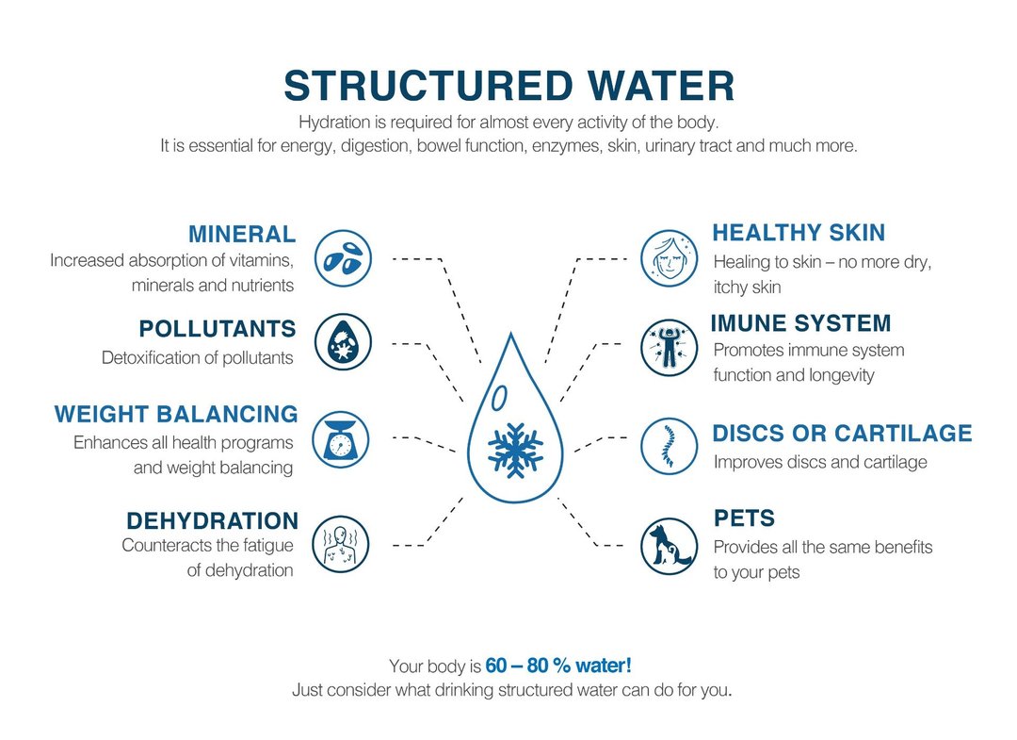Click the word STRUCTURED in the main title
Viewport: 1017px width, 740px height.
click(x=428, y=86)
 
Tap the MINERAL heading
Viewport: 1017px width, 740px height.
click(x=242, y=234)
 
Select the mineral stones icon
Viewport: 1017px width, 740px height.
click(x=343, y=258)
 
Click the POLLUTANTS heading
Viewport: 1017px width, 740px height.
click(x=218, y=328)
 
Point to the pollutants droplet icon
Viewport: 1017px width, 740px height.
click(x=343, y=341)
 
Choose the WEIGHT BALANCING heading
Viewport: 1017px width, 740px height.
click(x=176, y=414)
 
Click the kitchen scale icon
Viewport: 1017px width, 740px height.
click(x=341, y=439)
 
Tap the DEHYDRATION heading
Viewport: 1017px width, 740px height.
click(x=212, y=520)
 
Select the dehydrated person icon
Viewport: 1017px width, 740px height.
click(x=341, y=544)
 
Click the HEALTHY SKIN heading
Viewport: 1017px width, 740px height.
click(x=799, y=233)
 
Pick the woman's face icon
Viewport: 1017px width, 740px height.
click(x=669, y=258)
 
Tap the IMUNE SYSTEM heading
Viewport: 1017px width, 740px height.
click(x=800, y=322)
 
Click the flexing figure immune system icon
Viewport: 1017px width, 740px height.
click(x=669, y=347)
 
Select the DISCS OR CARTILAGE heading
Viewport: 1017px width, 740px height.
click(x=842, y=433)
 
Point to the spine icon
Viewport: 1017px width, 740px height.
click(x=669, y=446)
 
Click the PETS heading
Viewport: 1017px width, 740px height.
click(x=744, y=518)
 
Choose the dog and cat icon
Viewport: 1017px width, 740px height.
click(x=669, y=547)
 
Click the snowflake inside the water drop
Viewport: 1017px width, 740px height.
click(x=516, y=450)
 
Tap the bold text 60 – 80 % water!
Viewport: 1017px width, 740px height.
click(x=557, y=666)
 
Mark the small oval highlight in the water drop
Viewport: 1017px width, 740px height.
click(x=499, y=398)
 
